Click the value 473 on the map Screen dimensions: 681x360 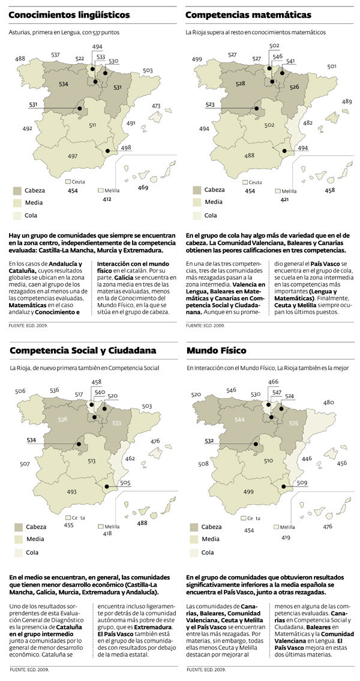(x=156, y=106)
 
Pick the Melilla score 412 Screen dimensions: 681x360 (x=107, y=199)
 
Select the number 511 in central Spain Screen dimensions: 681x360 (x=92, y=125)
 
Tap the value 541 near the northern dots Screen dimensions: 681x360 (x=290, y=62)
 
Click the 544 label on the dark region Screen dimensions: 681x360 (x=240, y=419)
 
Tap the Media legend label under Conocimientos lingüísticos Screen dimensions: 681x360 (x=34, y=203)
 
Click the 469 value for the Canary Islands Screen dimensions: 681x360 (x=143, y=188)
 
